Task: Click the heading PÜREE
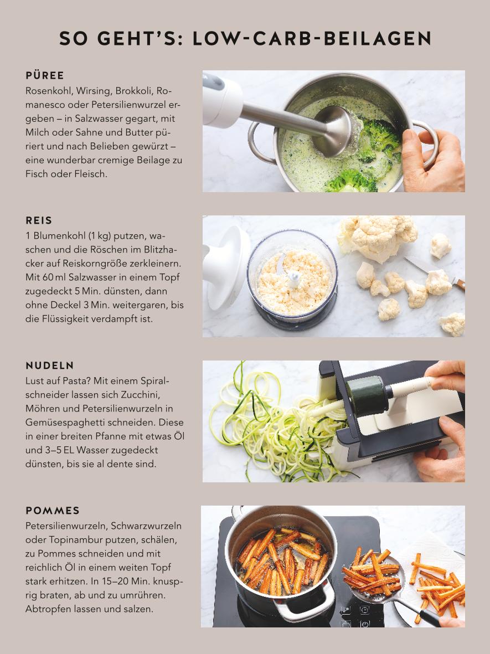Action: (x=45, y=75)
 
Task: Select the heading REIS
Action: (x=39, y=220)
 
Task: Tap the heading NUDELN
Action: (x=50, y=365)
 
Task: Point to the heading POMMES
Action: (x=53, y=511)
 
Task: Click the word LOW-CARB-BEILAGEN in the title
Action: (x=312, y=38)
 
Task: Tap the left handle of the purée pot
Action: (x=261, y=142)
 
